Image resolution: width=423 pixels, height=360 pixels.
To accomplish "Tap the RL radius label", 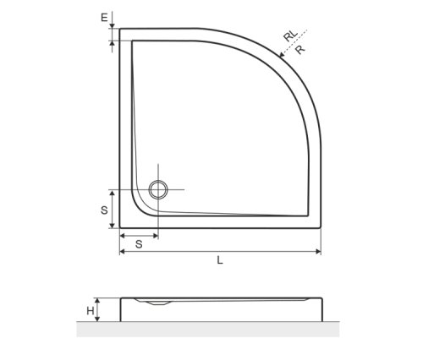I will [290, 36].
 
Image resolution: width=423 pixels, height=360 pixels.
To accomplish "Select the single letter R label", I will [300, 50].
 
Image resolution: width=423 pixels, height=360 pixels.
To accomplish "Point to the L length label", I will [220, 261].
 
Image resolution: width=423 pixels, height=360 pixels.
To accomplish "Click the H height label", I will [90, 311].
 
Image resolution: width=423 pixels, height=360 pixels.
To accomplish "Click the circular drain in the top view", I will [157, 188].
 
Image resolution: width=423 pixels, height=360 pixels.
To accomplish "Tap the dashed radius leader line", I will [295, 43].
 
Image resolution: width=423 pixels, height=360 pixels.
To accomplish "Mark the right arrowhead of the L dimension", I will [317, 251].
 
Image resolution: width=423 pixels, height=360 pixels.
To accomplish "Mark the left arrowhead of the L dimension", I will [123, 251].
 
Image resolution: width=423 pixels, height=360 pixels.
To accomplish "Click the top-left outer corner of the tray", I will [119, 29].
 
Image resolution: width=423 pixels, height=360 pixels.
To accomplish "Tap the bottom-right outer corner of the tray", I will [321, 231].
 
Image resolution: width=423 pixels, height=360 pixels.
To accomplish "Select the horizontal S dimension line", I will [138, 235].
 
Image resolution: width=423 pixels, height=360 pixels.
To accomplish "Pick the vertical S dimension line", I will [113, 210].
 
